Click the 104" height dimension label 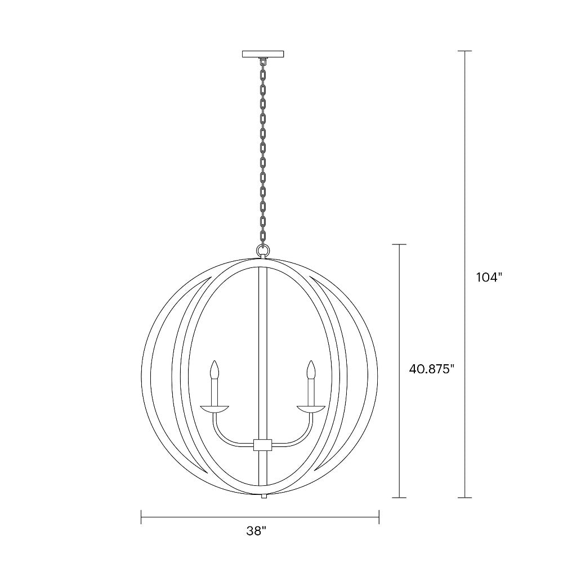488,278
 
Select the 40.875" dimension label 431,369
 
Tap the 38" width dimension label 256,530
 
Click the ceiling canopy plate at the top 263,55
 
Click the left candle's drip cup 215,406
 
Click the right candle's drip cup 310,406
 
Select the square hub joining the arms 262,444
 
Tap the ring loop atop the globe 262,249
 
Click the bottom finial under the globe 262,497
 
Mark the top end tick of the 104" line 464,51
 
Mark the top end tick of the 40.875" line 399,244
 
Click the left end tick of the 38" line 141,516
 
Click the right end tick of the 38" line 379,516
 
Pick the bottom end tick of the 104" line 464,498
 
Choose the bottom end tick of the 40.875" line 399,498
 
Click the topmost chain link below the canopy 262,64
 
